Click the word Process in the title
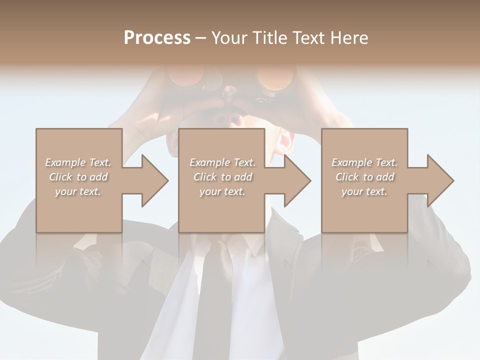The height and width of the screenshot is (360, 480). [x=157, y=38]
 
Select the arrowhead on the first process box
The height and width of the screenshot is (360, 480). [x=153, y=180]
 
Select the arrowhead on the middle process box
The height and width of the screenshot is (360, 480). [x=296, y=180]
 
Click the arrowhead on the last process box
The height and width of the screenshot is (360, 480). [x=438, y=180]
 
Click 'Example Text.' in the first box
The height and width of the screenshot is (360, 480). [x=78, y=162]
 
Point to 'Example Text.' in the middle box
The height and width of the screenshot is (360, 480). [x=222, y=162]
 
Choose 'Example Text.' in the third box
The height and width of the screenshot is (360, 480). [x=364, y=162]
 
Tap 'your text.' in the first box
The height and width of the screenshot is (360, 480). [x=78, y=191]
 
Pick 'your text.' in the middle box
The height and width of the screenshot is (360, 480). [x=222, y=191]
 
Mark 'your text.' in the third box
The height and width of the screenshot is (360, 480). [x=364, y=191]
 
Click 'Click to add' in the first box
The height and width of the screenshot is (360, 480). [x=78, y=177]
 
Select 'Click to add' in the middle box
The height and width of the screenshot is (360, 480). [x=222, y=177]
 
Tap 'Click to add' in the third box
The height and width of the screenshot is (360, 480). [x=364, y=177]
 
